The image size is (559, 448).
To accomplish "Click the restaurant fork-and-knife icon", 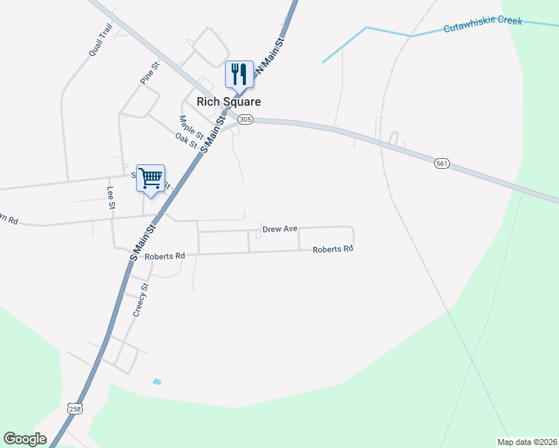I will (239, 75).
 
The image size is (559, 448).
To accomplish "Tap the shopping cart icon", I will (150, 178).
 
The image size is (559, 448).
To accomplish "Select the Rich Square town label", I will (228, 102).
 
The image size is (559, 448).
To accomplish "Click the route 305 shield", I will (245, 119).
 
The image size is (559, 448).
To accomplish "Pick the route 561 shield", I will (442, 163).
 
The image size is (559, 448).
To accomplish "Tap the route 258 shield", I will (75, 409).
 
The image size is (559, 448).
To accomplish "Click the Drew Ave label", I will (280, 229).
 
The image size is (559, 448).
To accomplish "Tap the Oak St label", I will (185, 140).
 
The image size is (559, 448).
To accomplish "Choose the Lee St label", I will (111, 197).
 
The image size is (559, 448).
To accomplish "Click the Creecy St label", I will (141, 300).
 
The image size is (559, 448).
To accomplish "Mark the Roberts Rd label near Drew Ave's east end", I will (333, 249).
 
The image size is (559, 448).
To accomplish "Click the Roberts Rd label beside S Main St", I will (164, 256).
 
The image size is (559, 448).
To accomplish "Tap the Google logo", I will (25, 439).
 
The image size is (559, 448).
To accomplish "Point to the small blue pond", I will (157, 382).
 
